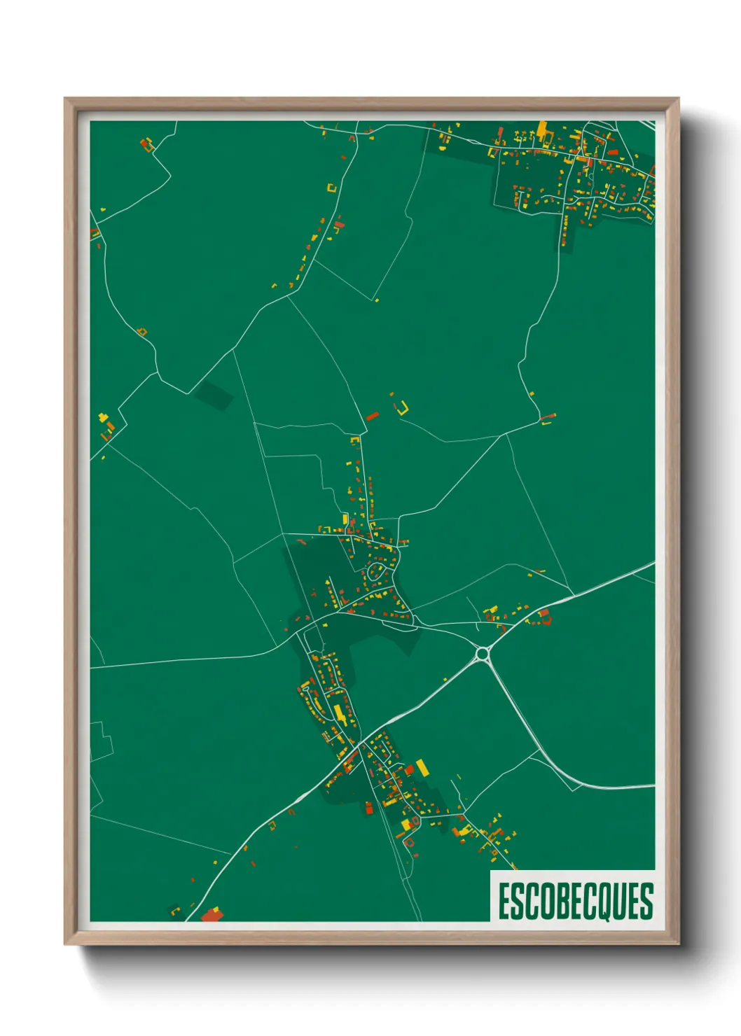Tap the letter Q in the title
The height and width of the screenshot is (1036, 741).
(x=604, y=902)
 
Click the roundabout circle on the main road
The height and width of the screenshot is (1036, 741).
(x=482, y=654)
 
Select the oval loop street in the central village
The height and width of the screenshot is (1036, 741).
(x=376, y=570)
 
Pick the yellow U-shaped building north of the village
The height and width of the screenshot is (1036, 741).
(x=403, y=409)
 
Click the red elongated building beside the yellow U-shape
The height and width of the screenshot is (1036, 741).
(x=373, y=416)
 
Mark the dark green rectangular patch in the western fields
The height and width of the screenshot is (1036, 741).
(x=214, y=396)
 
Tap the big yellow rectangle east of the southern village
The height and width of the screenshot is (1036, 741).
(x=422, y=767)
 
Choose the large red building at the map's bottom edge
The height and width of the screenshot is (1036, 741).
(x=212, y=914)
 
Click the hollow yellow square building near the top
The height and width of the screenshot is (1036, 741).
(x=332, y=188)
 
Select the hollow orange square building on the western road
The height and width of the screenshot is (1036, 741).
(x=142, y=331)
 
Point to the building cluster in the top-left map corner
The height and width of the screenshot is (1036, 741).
(x=146, y=145)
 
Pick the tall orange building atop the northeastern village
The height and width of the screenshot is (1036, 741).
(x=541, y=129)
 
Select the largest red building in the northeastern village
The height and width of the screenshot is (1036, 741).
(x=613, y=152)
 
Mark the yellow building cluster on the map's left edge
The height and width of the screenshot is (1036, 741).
(x=106, y=423)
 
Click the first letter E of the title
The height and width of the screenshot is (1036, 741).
(x=504, y=902)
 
